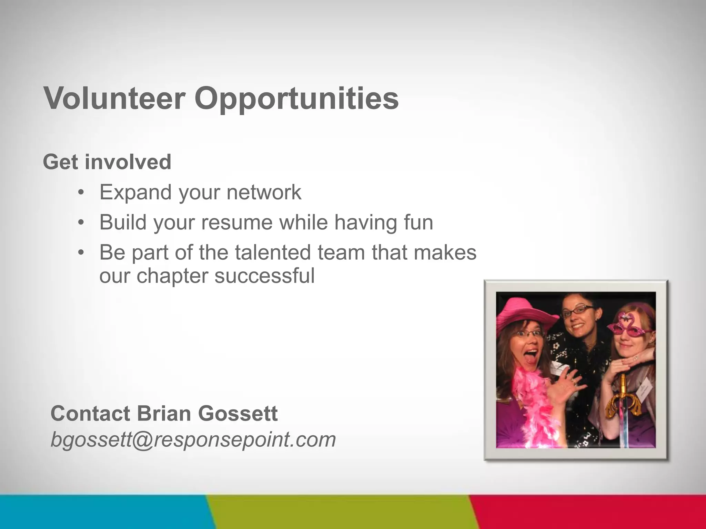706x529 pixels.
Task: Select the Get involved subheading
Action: pyautogui.click(x=107, y=162)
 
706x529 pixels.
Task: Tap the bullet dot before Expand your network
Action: pyautogui.click(x=81, y=193)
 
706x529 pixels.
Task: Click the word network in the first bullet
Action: pyautogui.click(x=264, y=192)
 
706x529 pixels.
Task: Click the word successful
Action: pyautogui.click(x=264, y=276)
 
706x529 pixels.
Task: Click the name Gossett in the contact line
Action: pyautogui.click(x=238, y=413)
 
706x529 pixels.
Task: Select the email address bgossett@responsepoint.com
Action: pyautogui.click(x=193, y=440)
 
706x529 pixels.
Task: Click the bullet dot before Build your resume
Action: pyautogui.click(x=81, y=223)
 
